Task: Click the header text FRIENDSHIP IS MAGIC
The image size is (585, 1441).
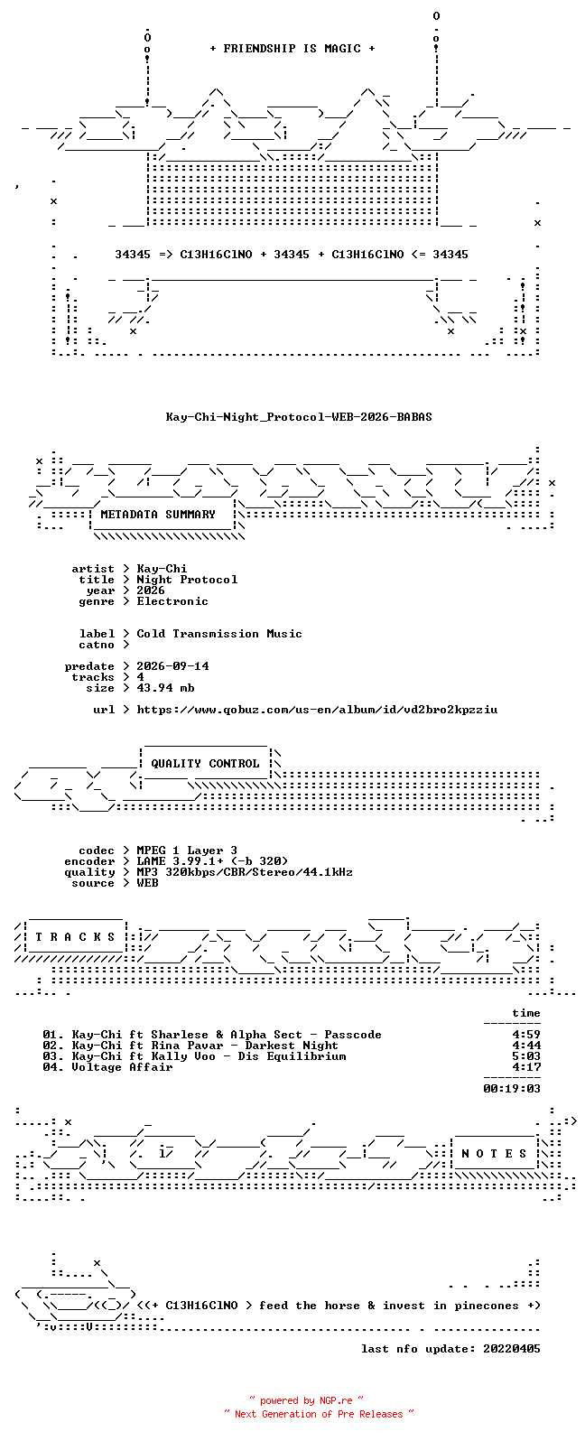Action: (292, 48)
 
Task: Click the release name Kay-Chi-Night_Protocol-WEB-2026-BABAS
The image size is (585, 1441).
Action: (299, 417)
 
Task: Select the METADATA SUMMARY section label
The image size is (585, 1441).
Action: (158, 514)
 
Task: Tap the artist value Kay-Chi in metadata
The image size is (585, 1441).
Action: (162, 569)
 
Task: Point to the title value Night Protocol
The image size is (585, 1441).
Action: (187, 580)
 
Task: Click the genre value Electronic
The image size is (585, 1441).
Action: (172, 601)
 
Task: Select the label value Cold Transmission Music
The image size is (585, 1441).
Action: (218, 634)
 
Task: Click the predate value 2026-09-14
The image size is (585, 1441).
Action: (172, 665)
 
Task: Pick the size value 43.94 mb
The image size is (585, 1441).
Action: (165, 688)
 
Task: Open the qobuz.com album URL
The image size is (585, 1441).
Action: (317, 710)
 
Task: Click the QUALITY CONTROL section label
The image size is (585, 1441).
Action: (205, 764)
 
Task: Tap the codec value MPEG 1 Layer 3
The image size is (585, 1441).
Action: (187, 851)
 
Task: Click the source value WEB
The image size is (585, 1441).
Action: (147, 883)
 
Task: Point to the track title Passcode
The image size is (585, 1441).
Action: (353, 1035)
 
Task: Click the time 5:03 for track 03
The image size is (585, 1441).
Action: (526, 1056)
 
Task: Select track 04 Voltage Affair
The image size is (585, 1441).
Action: (107, 1067)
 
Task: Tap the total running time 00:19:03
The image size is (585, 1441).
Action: (512, 1089)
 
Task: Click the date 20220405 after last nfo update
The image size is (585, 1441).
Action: (512, 1349)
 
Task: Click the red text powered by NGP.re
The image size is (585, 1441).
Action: (306, 1400)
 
